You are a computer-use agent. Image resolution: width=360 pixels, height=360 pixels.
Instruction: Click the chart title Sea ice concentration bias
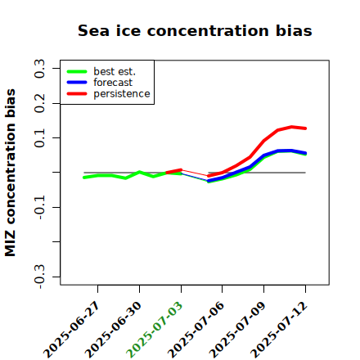pyautogui.click(x=195, y=30)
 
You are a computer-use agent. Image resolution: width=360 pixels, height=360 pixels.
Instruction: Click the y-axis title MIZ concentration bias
pyautogui.click(x=11, y=173)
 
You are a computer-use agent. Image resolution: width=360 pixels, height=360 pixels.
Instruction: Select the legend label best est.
pyautogui.click(x=115, y=71)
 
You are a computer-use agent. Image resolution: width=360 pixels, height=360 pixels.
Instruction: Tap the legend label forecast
pyautogui.click(x=113, y=83)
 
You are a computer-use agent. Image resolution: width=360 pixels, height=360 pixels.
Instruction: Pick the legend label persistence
pyautogui.click(x=122, y=94)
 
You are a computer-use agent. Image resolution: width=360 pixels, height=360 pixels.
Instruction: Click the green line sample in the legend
pyautogui.click(x=77, y=71)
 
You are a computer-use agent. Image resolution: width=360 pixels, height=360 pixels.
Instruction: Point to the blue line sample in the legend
pyautogui.click(x=77, y=83)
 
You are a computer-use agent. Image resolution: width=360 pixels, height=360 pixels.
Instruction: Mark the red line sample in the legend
pyautogui.click(x=77, y=94)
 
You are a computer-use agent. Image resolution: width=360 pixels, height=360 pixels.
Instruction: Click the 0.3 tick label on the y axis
pyautogui.click(x=39, y=69)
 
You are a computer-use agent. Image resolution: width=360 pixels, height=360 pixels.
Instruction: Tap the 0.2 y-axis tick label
pyautogui.click(x=39, y=103)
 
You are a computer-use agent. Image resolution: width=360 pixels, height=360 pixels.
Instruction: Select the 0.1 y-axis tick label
pyautogui.click(x=39, y=138)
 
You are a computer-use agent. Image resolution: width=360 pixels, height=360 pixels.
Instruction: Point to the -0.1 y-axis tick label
pyautogui.click(x=39, y=208)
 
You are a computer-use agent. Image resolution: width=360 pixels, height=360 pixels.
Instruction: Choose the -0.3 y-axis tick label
pyautogui.click(x=39, y=277)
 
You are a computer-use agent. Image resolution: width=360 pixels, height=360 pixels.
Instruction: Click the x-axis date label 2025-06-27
pyautogui.click(x=71, y=330)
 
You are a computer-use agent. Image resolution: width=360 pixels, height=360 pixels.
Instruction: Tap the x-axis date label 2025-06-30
pyautogui.click(x=113, y=330)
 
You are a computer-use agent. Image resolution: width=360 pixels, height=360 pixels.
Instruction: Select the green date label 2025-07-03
pyautogui.click(x=155, y=330)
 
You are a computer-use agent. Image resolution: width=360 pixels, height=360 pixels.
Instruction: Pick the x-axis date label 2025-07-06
pyautogui.click(x=196, y=330)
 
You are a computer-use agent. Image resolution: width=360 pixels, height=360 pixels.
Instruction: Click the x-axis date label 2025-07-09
pyautogui.click(x=237, y=330)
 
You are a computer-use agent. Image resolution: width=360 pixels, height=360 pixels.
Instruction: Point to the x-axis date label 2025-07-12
pyautogui.click(x=279, y=330)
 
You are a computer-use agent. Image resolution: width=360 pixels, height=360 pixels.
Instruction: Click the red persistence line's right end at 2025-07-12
pyautogui.click(x=305, y=128)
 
